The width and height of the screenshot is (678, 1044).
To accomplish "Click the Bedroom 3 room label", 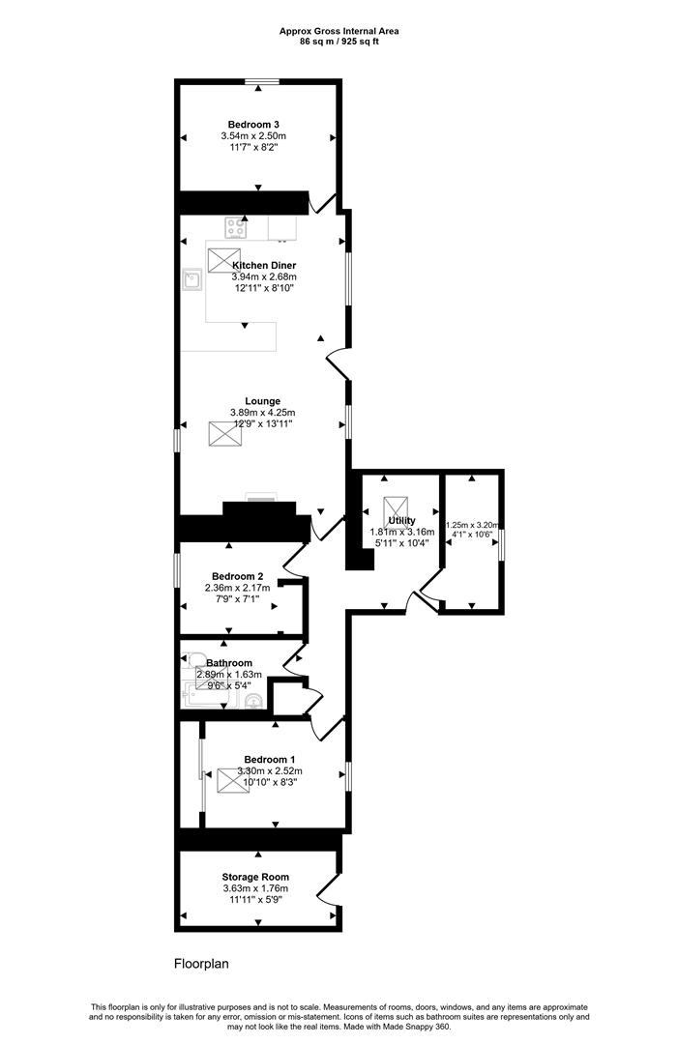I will (x=257, y=124).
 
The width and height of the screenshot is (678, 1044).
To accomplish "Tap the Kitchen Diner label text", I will (x=264, y=265).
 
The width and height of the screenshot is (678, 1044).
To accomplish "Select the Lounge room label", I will (x=263, y=401).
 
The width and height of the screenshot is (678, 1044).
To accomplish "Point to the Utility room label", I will (x=402, y=520).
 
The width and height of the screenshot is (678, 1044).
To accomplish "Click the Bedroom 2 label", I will (x=238, y=576).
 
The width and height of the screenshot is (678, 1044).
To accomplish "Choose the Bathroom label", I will (x=229, y=663).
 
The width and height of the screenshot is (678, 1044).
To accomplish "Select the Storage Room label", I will (x=256, y=877).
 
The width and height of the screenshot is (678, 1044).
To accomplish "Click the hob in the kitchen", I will (x=235, y=228).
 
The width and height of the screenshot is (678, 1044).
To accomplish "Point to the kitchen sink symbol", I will (x=191, y=279).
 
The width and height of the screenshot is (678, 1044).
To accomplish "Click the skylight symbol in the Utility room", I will (x=396, y=508).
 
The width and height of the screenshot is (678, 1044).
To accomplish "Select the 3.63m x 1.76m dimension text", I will (x=256, y=888).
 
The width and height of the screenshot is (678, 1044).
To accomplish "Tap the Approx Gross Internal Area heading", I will (x=339, y=31).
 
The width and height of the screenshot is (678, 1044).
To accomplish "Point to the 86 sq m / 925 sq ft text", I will (x=339, y=42).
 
